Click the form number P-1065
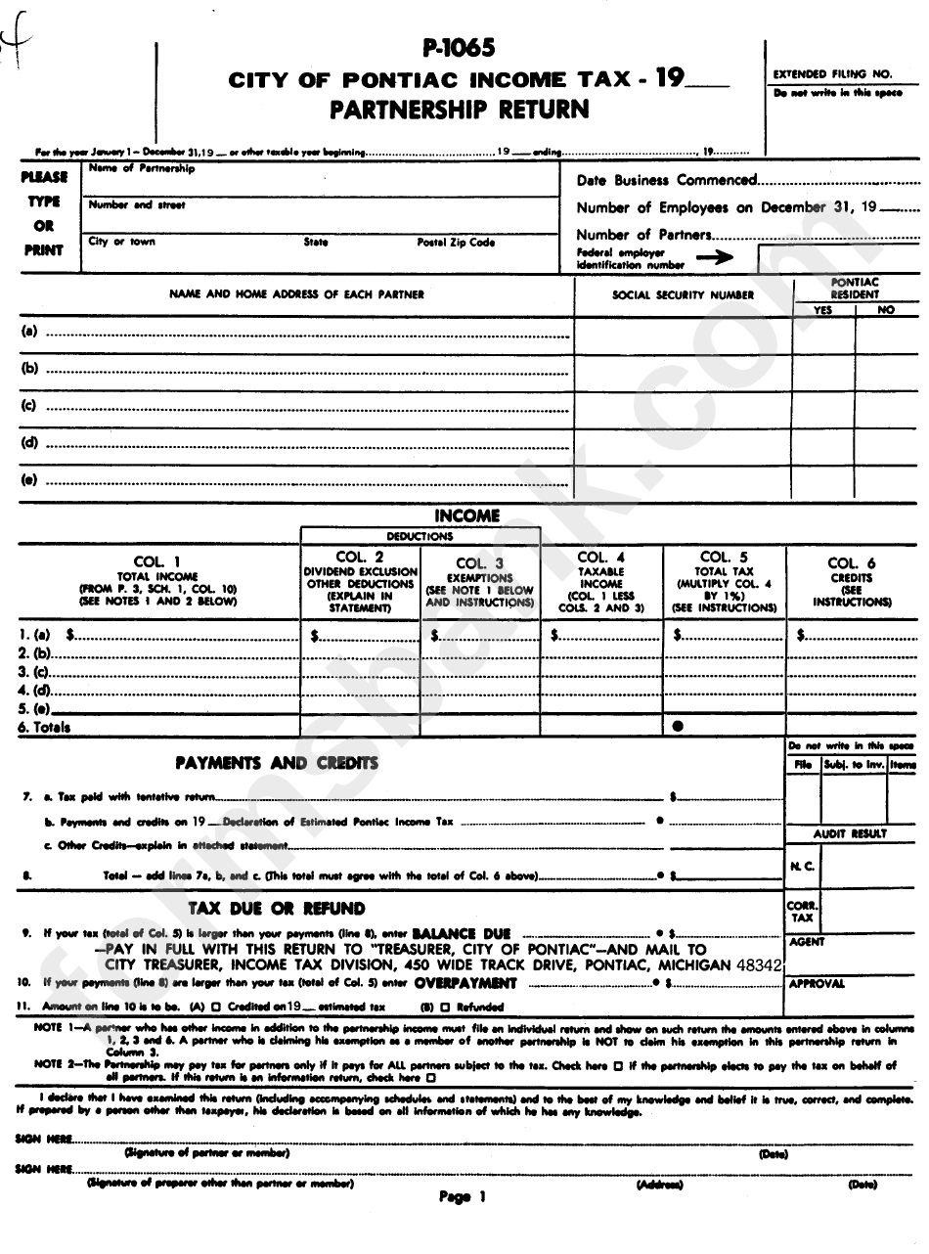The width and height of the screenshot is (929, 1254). pyautogui.click(x=459, y=46)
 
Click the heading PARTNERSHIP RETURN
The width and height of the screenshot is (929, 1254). pyautogui.click(x=459, y=109)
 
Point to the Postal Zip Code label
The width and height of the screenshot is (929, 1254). pyautogui.click(x=456, y=242)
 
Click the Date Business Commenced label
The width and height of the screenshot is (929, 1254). pyautogui.click(x=666, y=180)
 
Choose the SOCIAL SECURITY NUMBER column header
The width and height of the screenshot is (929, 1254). pyautogui.click(x=683, y=294)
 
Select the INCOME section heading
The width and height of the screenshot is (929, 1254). pyautogui.click(x=466, y=515)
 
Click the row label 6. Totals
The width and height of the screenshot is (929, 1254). pyautogui.click(x=45, y=728)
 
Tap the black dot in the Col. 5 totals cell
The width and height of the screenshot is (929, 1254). pyautogui.click(x=678, y=727)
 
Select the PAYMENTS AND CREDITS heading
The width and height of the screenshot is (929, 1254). pyautogui.click(x=276, y=763)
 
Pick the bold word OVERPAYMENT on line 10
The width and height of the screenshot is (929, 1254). pyautogui.click(x=464, y=981)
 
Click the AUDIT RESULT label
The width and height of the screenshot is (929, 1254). pyautogui.click(x=850, y=833)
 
